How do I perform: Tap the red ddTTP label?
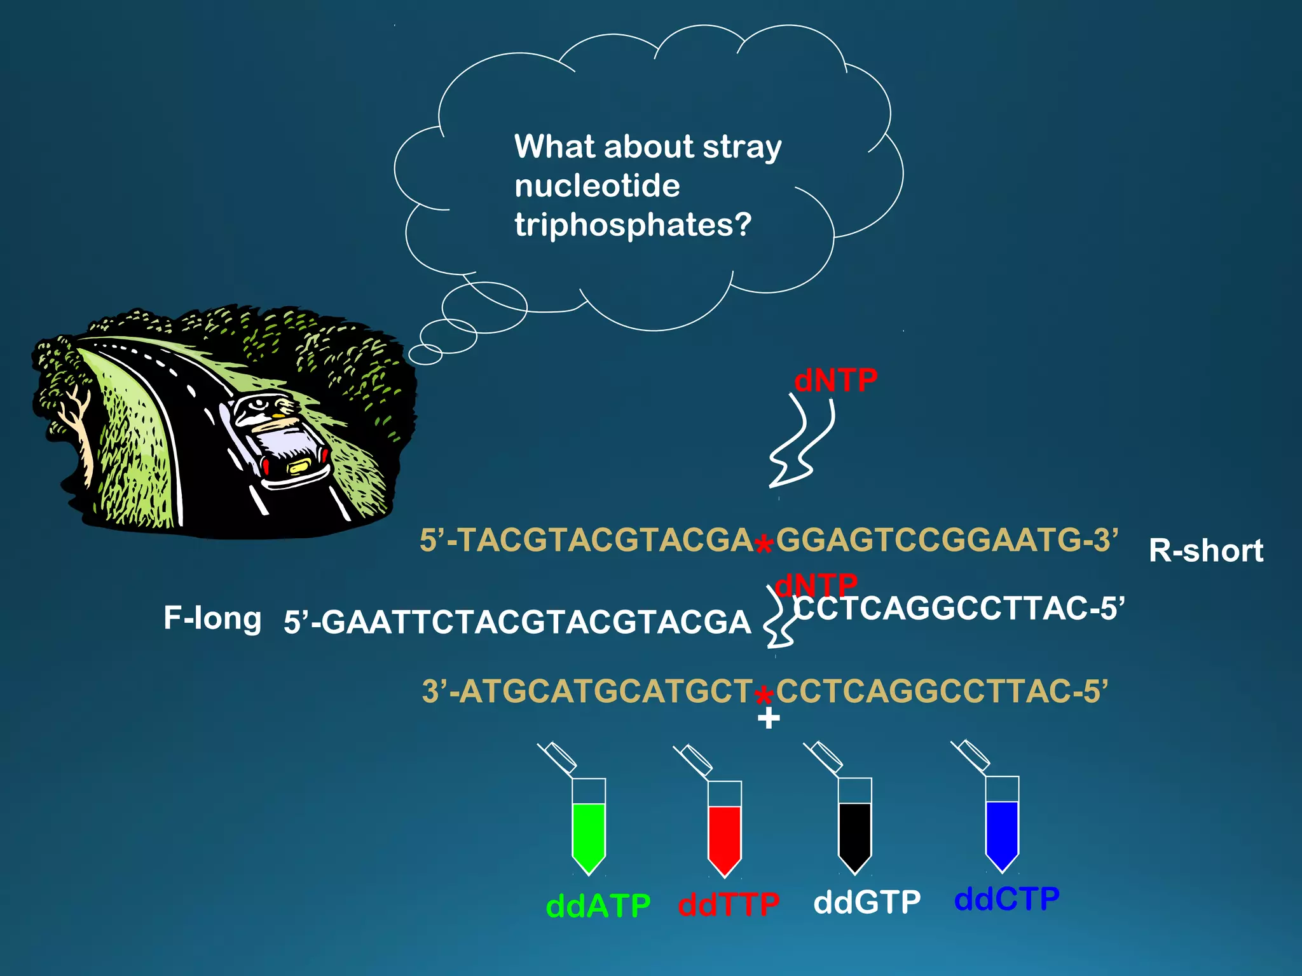coord(729,904)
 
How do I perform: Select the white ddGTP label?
coord(867,902)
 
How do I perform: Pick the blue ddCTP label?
coord(1006,898)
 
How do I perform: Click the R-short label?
coord(1205,550)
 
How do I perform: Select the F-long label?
coord(212,618)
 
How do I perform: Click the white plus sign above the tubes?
coord(769,719)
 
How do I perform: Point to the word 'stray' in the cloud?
coord(742,147)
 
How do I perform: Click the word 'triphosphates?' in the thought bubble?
coord(633,225)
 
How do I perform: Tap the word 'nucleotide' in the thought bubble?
coord(597,186)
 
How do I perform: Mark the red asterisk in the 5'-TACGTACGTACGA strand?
coord(764,545)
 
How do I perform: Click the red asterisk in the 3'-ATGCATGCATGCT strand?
coord(764,696)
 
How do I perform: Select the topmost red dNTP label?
coord(835,380)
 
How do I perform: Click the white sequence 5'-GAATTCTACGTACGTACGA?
coord(517,621)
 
